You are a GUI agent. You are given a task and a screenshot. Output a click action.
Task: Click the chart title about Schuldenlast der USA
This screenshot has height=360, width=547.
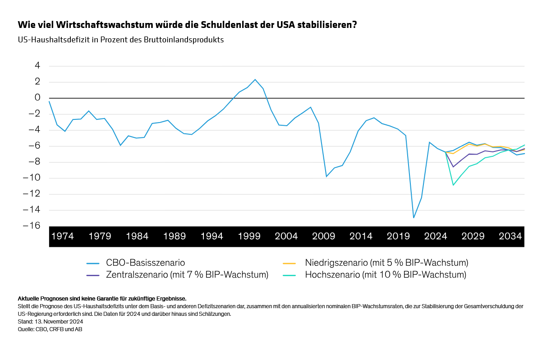click(x=187, y=24)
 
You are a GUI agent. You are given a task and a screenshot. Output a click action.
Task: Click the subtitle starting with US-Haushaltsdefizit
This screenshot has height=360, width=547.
click(x=120, y=40)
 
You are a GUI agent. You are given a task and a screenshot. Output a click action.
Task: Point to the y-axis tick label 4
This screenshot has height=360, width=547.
click(x=37, y=66)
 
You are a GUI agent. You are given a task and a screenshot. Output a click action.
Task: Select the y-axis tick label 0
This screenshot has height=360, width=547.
click(x=37, y=98)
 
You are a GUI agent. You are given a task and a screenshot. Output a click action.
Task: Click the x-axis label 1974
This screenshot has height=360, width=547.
click(x=63, y=236)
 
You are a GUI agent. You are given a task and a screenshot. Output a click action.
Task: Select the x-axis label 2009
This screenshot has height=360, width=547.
click(x=324, y=236)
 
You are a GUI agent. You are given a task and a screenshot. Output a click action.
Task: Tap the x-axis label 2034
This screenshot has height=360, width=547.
click(x=510, y=236)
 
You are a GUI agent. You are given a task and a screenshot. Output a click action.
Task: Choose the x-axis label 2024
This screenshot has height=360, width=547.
click(x=436, y=236)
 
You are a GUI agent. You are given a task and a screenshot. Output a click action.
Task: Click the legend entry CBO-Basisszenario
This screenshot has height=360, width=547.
click(x=145, y=263)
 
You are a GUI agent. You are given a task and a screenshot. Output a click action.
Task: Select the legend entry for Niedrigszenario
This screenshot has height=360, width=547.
click(x=386, y=263)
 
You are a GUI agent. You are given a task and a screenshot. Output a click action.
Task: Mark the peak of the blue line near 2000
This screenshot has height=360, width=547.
click(x=255, y=79)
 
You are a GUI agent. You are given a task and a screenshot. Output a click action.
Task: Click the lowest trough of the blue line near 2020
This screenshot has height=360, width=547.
click(x=414, y=218)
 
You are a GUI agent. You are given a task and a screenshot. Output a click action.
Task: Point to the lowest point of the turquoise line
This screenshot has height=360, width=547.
click(x=453, y=185)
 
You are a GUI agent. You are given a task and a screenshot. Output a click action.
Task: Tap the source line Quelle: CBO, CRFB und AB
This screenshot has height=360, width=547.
click(x=50, y=329)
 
